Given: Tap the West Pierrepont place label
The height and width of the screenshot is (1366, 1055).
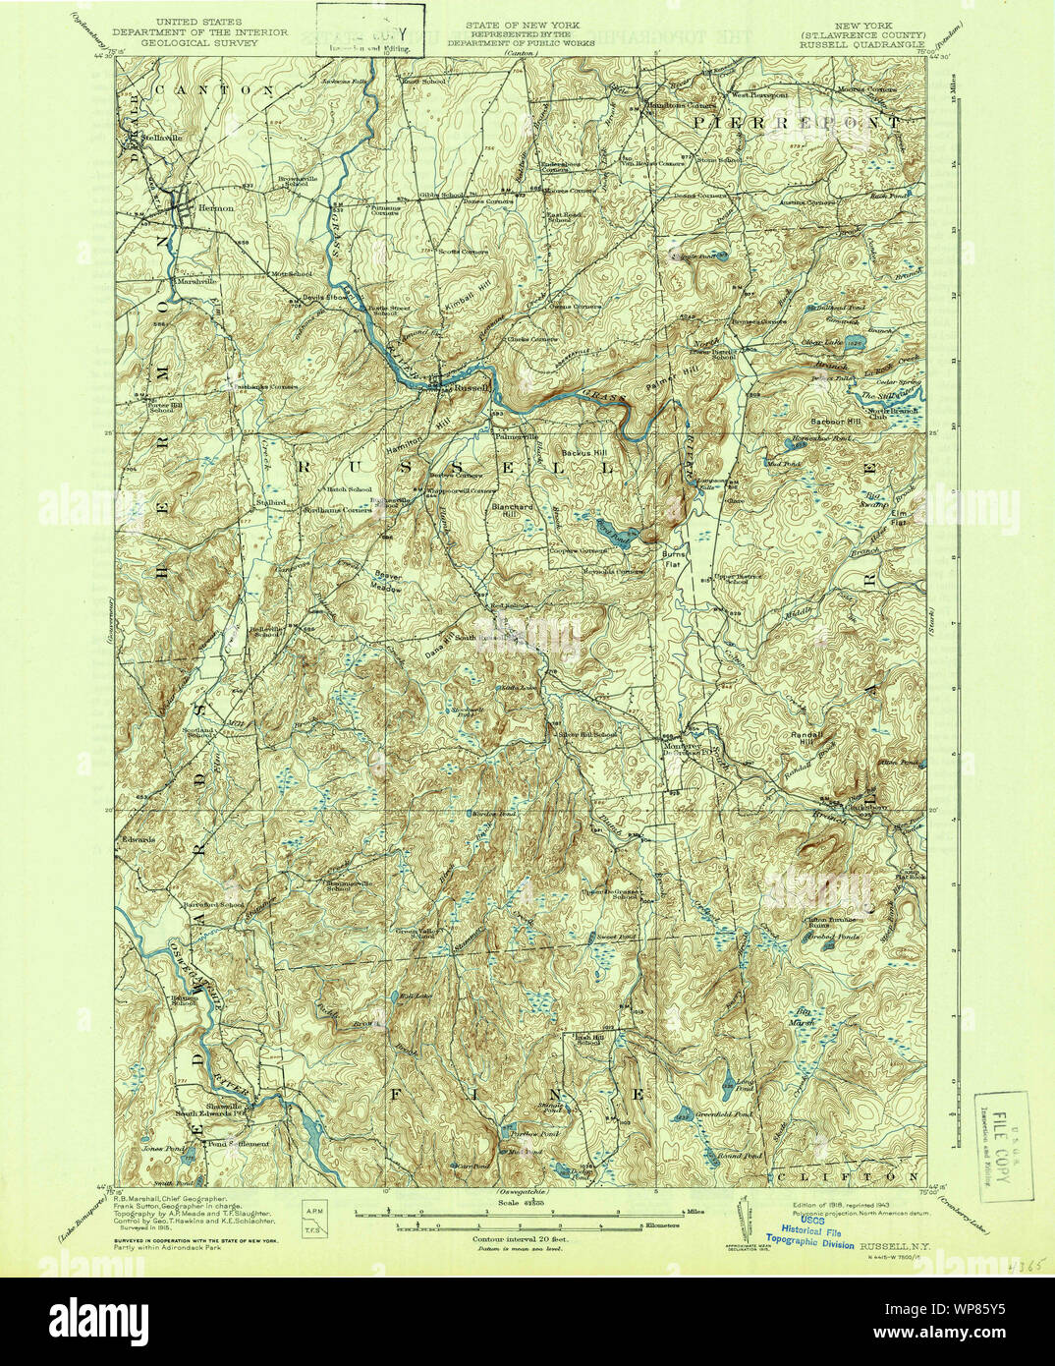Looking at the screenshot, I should point(756,95).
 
